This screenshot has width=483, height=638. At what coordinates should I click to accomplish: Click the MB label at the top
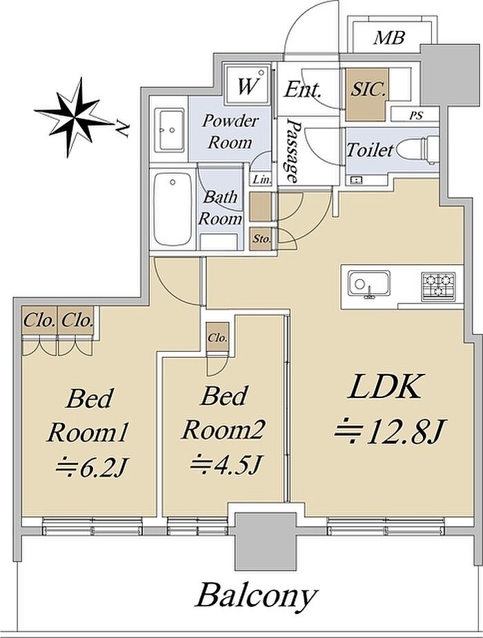[x=389, y=38]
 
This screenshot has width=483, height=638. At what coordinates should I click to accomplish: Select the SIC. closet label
[x=368, y=90]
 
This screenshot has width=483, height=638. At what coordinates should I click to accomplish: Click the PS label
[x=416, y=116]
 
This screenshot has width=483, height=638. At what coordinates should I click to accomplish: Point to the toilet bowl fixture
[x=417, y=150]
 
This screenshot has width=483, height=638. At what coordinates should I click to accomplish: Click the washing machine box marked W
[x=248, y=85]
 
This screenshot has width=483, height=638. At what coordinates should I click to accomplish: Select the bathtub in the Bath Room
[x=173, y=209]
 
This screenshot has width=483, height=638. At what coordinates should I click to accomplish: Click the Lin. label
[x=262, y=179]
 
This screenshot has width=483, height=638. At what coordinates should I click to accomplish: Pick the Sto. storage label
[x=262, y=239]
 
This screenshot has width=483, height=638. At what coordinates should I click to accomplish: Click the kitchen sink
[x=368, y=283]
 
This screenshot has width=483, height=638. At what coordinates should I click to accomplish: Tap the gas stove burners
[x=438, y=286]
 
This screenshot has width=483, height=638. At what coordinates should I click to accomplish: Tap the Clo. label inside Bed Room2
[x=218, y=338]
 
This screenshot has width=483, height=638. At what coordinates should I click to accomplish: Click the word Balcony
[x=257, y=597]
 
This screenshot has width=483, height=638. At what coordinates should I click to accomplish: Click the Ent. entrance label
[x=303, y=89]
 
